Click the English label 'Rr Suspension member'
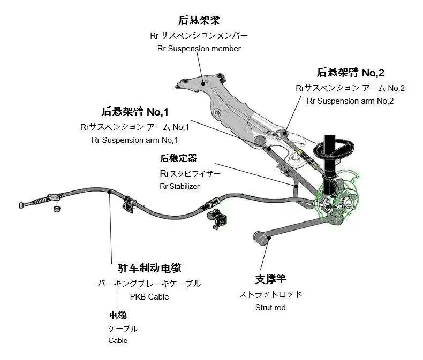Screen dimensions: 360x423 pyautogui.click(x=199, y=49)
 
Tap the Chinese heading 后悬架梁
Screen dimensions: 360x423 pyautogui.click(x=199, y=20)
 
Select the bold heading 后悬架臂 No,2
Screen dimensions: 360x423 pyautogui.click(x=350, y=73)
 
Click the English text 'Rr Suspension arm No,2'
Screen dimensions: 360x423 pyautogui.click(x=350, y=101)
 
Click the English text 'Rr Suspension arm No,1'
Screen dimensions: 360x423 pyautogui.click(x=135, y=140)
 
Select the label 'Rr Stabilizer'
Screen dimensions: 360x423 pyautogui.click(x=179, y=186)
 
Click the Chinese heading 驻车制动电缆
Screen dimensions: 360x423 pyautogui.click(x=149, y=268)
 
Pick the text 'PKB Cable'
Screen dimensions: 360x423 pyautogui.click(x=149, y=296)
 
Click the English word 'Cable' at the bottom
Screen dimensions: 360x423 pyautogui.click(x=118, y=340)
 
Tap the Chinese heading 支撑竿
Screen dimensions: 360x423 pyautogui.click(x=270, y=279)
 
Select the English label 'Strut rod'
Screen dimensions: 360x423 pyautogui.click(x=270, y=307)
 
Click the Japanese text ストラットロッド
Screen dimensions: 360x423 pyautogui.click(x=270, y=294)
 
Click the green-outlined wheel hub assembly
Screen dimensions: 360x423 pyautogui.click(x=338, y=201)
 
